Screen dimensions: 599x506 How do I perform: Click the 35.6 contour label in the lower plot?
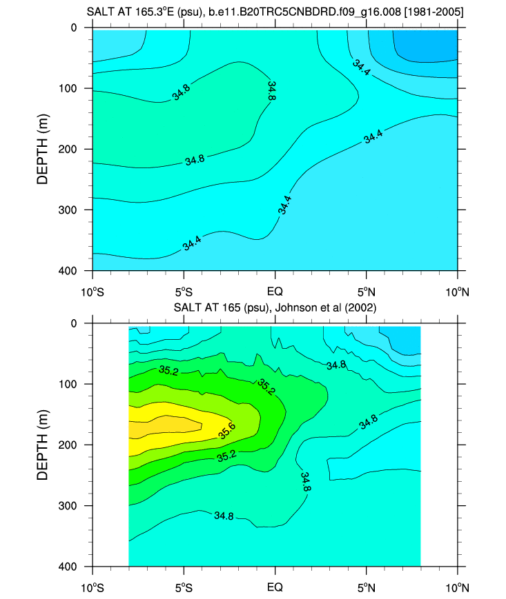coord(227,434)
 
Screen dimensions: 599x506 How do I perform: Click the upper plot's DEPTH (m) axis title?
coord(43,149)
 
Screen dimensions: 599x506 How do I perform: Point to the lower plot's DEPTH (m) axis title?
coord(43,445)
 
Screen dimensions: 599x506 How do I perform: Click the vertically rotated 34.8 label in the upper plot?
coord(271,91)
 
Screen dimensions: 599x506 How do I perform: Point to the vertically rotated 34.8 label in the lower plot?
coord(305,481)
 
